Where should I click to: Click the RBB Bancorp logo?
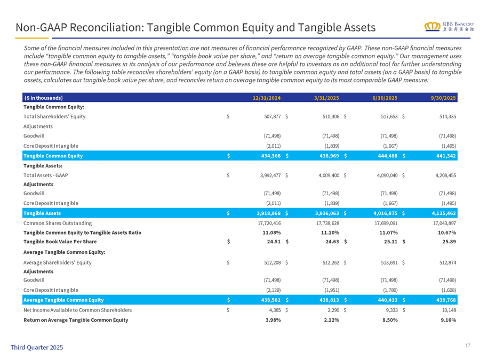click(446, 27)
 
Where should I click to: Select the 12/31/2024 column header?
click(267, 98)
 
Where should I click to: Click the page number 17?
click(467, 346)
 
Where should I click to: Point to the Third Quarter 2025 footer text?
click(36, 347)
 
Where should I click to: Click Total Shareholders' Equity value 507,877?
click(270, 116)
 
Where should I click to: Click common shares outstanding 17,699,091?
click(382, 223)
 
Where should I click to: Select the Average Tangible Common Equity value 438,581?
click(269, 300)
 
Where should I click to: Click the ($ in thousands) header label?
click(43, 98)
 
